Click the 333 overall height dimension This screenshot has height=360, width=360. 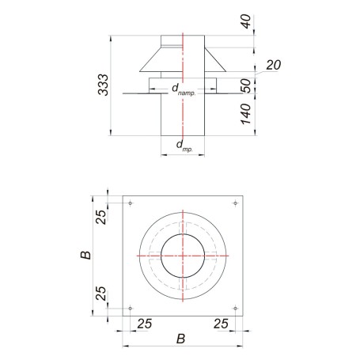click(103, 85)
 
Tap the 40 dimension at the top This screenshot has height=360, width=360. click(246, 21)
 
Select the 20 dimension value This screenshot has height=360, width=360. click(274, 65)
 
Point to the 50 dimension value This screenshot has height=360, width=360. click(246, 85)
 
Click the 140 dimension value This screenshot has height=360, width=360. click(246, 114)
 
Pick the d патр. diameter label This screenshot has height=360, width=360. click(184, 89)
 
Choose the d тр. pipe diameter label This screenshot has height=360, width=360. click(184, 146)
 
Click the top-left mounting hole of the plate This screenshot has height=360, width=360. click(131, 203)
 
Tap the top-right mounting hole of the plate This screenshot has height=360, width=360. click(236, 203)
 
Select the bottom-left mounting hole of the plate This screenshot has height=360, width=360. click(131, 309)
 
